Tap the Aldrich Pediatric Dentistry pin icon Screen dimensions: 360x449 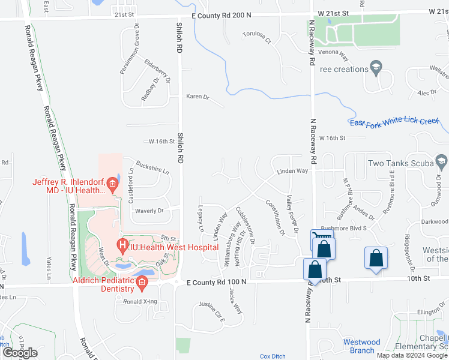pyautogui.click(x=142, y=283)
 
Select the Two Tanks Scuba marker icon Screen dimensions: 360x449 pyautogui.click(x=441, y=162)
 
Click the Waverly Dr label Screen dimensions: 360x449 pyautogui.click(x=149, y=211)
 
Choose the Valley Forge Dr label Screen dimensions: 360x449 pyautogui.click(x=292, y=214)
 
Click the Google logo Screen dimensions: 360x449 pyautogui.click(x=20, y=352)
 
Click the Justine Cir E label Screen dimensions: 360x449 pyautogui.click(x=211, y=312)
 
